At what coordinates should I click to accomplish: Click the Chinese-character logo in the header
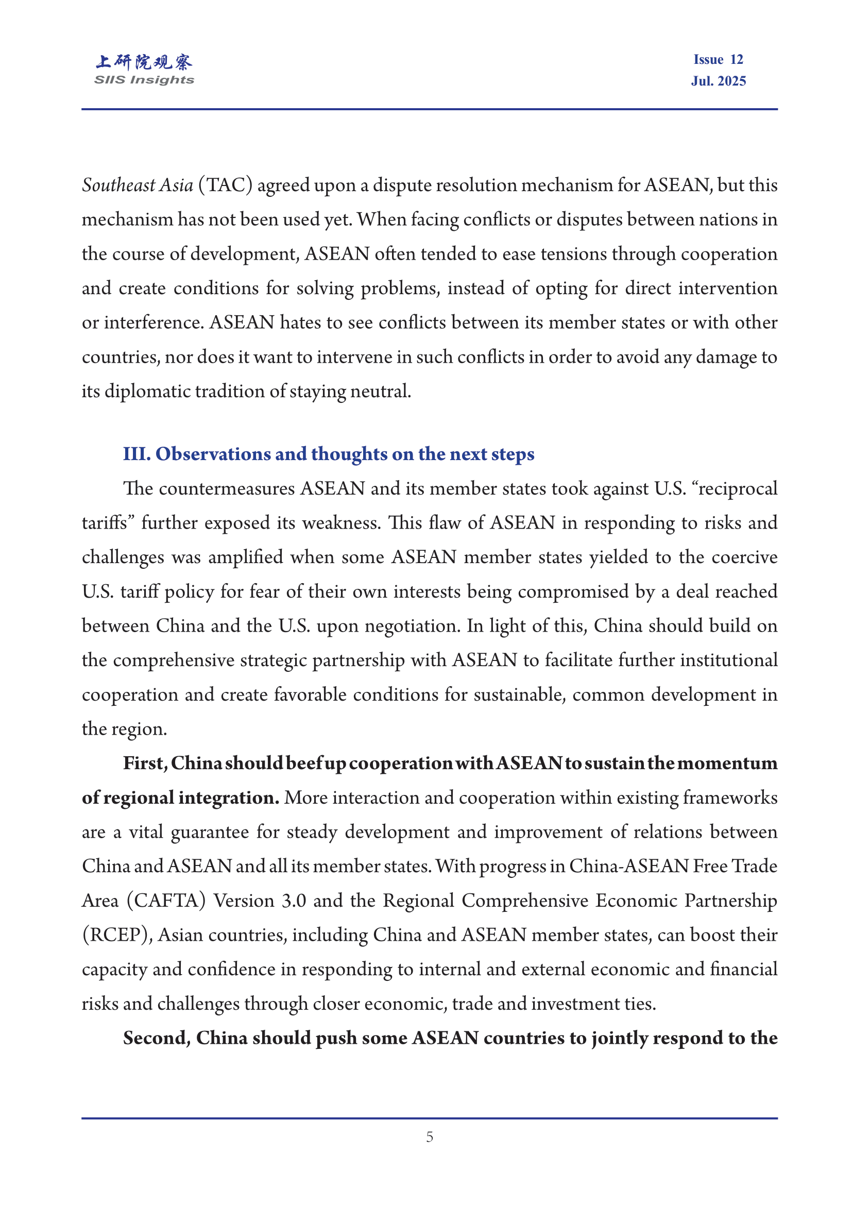click(144, 62)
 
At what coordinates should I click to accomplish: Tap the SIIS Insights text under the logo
click(144, 80)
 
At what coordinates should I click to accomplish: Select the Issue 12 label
click(718, 60)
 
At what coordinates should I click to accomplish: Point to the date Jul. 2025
click(718, 81)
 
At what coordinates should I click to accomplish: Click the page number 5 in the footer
click(430, 1137)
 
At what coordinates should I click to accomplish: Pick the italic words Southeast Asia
click(138, 185)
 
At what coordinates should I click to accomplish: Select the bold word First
click(145, 763)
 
